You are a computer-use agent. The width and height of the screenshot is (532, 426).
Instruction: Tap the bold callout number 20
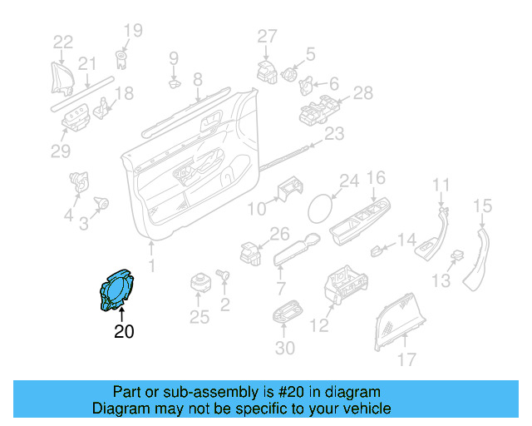click(123, 332)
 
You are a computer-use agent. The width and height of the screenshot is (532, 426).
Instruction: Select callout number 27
click(266, 36)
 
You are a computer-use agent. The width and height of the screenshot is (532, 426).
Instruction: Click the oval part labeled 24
click(320, 207)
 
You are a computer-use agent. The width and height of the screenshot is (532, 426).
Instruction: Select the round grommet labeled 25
click(199, 282)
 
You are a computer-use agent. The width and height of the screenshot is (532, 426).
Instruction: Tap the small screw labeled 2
click(223, 274)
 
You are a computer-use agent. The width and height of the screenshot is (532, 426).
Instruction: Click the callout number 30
click(284, 349)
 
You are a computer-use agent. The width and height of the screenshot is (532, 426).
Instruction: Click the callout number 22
click(63, 40)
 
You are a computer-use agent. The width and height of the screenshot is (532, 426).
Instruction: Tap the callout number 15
click(483, 206)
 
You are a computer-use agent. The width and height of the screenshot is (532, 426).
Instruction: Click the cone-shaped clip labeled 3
click(102, 201)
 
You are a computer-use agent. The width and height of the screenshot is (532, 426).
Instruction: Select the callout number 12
click(319, 326)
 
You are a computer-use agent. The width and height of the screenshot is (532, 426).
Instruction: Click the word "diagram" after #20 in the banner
click(351, 392)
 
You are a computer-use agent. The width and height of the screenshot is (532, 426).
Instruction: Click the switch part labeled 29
click(76, 119)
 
